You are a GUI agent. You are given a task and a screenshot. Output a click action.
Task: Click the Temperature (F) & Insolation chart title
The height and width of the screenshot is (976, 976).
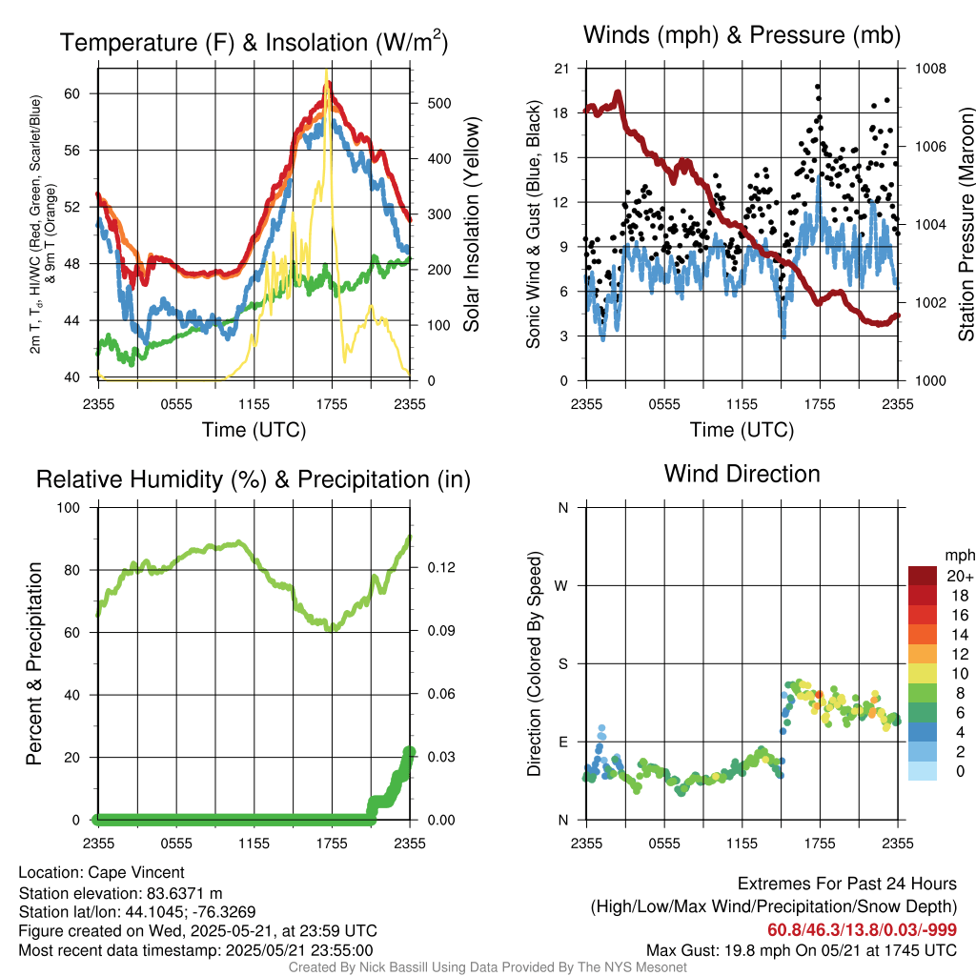pos(254,43)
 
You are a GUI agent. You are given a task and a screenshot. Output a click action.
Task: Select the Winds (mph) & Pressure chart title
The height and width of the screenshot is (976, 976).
pos(742,36)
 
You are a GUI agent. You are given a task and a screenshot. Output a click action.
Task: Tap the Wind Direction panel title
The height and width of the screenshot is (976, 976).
pos(742,474)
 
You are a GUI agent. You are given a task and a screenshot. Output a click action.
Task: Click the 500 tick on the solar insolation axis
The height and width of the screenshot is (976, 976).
pos(427,103)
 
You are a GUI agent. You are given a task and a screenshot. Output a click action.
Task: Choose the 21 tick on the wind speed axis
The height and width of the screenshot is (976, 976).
pos(561,69)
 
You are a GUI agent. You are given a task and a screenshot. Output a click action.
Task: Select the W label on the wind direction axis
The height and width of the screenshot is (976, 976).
pos(563,585)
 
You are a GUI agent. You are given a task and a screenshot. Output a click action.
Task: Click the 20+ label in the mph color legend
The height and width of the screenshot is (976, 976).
pos(958,577)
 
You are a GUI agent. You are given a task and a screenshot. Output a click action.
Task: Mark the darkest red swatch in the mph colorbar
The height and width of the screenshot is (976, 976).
pos(923,576)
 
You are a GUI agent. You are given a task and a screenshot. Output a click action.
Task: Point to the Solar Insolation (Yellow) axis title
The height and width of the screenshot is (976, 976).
pos(471,224)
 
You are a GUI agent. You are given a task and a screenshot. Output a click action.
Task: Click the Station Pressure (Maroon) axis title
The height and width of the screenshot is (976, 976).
pos(966,224)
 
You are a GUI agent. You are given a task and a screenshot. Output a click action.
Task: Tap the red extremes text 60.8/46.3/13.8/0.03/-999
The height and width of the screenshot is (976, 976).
pos(862,930)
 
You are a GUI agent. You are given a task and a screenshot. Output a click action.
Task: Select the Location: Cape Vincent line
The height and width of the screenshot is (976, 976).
pos(101,872)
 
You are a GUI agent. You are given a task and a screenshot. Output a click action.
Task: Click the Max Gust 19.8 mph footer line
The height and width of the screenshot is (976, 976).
pos(801,949)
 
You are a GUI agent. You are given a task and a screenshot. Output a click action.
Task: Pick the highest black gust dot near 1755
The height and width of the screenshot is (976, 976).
pos(818,87)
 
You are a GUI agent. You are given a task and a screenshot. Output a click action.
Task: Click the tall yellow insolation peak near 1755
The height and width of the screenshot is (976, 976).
pos(327,71)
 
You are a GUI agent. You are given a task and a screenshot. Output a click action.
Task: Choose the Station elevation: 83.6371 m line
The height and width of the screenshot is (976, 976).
pos(120,892)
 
